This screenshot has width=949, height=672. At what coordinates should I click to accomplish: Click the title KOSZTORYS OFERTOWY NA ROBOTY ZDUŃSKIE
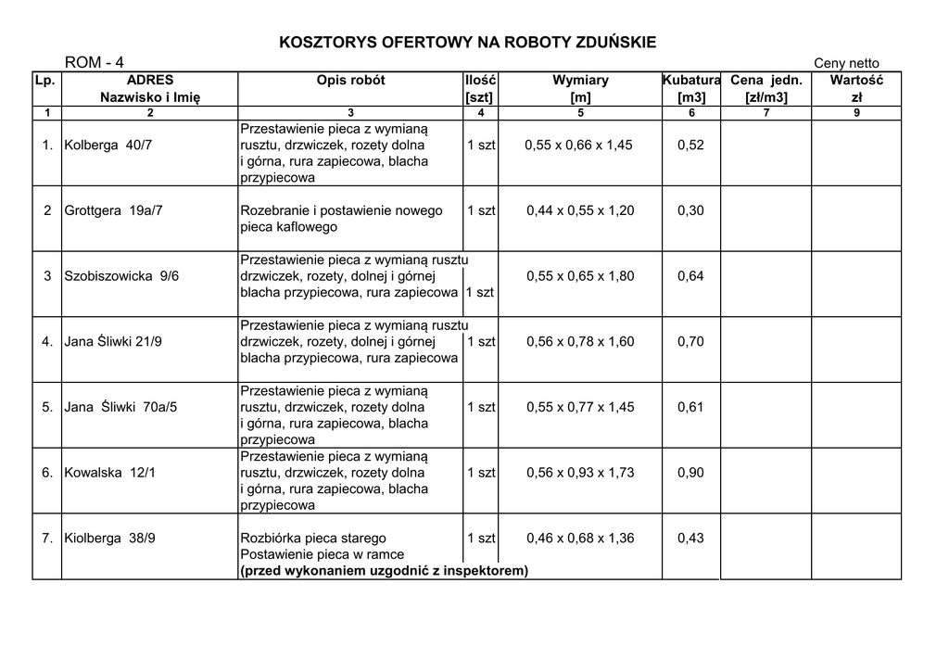[x=468, y=43]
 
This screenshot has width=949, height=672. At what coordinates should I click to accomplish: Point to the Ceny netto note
[x=846, y=63]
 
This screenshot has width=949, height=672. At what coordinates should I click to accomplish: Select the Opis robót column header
[x=350, y=81]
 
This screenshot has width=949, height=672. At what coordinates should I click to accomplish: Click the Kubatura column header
[x=691, y=81]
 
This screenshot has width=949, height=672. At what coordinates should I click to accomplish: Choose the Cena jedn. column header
[x=766, y=81]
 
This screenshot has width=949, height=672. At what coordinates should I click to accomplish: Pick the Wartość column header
[x=856, y=81]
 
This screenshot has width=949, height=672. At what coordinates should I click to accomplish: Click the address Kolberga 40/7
[x=108, y=146]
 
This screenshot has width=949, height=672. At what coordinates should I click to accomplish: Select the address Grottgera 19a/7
[x=113, y=210]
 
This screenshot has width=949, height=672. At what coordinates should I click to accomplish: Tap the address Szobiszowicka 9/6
[x=121, y=276]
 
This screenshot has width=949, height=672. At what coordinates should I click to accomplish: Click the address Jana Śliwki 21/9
[x=113, y=342]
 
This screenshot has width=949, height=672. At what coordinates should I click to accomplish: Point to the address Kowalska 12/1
[x=109, y=473]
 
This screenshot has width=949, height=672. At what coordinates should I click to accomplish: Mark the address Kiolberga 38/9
[x=109, y=539]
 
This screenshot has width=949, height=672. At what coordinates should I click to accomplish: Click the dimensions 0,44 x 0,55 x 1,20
[x=580, y=210]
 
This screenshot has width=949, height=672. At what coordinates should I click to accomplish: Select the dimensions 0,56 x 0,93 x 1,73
[x=580, y=473]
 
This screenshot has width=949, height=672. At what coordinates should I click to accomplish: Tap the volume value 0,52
[x=690, y=146]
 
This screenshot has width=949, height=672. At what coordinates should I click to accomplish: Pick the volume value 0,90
[x=690, y=473]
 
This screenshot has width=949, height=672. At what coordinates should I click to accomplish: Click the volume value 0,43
[x=690, y=539]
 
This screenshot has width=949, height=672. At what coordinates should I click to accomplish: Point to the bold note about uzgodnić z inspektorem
[x=384, y=571]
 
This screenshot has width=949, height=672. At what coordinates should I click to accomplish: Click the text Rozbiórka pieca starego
[x=313, y=539]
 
